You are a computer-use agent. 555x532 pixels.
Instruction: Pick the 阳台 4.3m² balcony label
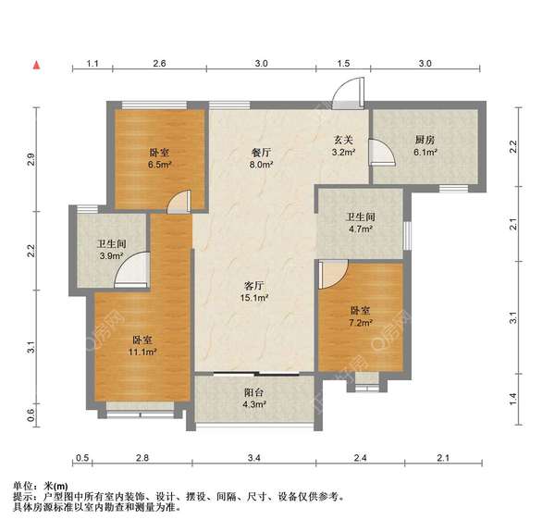pos(254,398)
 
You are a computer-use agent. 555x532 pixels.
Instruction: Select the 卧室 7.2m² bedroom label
pos(361,317)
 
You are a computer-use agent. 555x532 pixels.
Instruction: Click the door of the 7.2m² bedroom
pos(332,273)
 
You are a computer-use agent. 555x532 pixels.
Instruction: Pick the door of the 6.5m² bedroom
pos(179,201)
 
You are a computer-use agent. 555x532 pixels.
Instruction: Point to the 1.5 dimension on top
pos(343,64)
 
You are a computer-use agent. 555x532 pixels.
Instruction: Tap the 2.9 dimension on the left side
pos(31,159)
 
